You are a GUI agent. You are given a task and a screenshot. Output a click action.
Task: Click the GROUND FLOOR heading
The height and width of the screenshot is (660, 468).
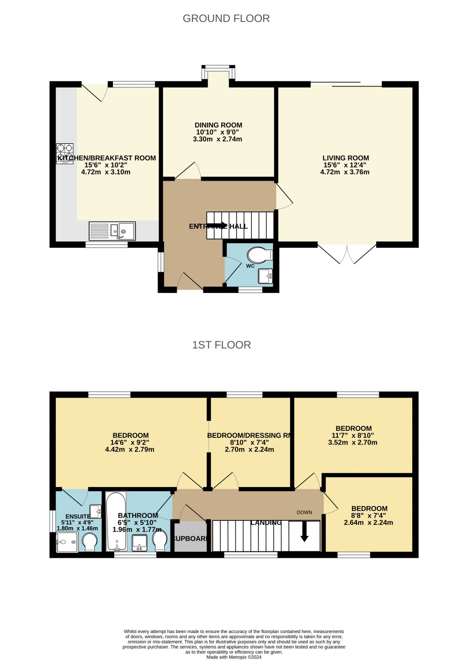[226, 19]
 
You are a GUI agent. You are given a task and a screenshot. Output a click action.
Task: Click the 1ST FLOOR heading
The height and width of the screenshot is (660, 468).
[221, 345]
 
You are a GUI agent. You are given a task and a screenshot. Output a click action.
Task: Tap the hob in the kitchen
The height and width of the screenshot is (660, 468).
[65, 153]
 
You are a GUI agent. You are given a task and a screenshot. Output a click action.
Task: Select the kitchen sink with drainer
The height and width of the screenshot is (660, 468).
[112, 231]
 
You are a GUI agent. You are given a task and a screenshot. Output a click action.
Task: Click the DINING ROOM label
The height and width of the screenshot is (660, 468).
[218, 125]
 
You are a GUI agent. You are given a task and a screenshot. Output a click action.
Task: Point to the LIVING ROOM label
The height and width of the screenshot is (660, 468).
[346, 158]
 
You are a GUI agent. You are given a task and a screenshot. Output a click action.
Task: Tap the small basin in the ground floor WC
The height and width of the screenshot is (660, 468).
[265, 276]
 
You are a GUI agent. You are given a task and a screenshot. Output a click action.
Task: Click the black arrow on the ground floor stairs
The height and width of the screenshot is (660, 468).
[217, 225]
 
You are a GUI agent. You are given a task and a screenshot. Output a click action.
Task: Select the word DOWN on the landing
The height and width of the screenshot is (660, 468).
[304, 513]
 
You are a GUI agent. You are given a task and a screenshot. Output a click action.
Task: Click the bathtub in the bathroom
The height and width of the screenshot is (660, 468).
[116, 522]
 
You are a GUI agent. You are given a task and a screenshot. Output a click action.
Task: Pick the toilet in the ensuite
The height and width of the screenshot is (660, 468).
[90, 543]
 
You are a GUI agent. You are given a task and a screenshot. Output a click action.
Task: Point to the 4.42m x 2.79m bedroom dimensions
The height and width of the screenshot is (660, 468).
[129, 450]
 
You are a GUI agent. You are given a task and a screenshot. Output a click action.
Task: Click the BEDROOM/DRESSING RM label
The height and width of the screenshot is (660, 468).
[250, 435]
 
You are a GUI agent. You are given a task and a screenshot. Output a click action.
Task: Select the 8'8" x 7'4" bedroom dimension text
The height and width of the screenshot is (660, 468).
[369, 516]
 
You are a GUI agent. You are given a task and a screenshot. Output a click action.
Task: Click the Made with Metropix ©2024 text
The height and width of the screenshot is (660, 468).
[234, 657]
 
